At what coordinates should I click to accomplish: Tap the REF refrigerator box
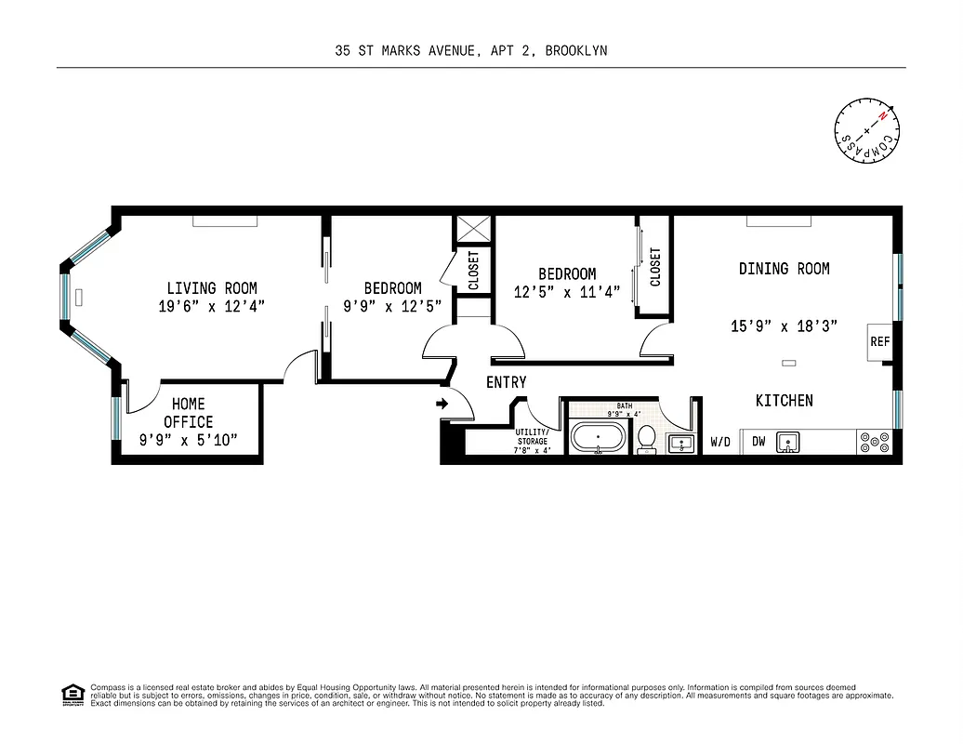(879, 342)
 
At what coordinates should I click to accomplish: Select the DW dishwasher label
(759, 442)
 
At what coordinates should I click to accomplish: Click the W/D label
(720, 443)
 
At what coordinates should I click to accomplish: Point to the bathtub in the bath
(599, 437)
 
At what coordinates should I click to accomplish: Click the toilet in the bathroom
(647, 437)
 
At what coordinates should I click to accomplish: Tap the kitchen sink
(788, 441)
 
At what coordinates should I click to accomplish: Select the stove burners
(876, 441)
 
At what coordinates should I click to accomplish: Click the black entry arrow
(442, 404)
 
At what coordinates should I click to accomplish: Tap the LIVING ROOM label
(212, 288)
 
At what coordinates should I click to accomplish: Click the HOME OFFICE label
(189, 413)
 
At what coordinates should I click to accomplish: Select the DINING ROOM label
(784, 269)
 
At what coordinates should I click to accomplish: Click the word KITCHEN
(784, 401)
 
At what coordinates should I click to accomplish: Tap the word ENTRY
(506, 382)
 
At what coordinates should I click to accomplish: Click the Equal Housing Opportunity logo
(73, 695)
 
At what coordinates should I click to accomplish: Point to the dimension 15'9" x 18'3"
(784, 326)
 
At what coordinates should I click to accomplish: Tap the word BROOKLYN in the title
(576, 51)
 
